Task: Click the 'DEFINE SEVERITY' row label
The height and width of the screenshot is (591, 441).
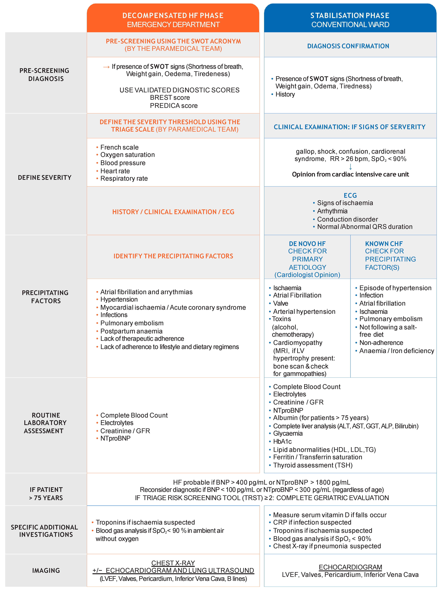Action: [x=45, y=178]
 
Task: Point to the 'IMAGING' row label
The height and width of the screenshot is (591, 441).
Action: [x=46, y=570]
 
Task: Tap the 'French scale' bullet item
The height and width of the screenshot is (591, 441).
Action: [x=119, y=147]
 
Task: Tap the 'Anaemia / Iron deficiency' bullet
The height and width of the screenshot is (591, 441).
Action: [x=396, y=351]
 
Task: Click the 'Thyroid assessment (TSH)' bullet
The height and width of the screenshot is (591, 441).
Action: [x=313, y=465]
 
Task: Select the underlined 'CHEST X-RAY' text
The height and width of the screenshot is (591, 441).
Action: [x=173, y=563]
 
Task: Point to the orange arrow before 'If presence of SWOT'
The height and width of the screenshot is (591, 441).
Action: [x=106, y=67]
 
